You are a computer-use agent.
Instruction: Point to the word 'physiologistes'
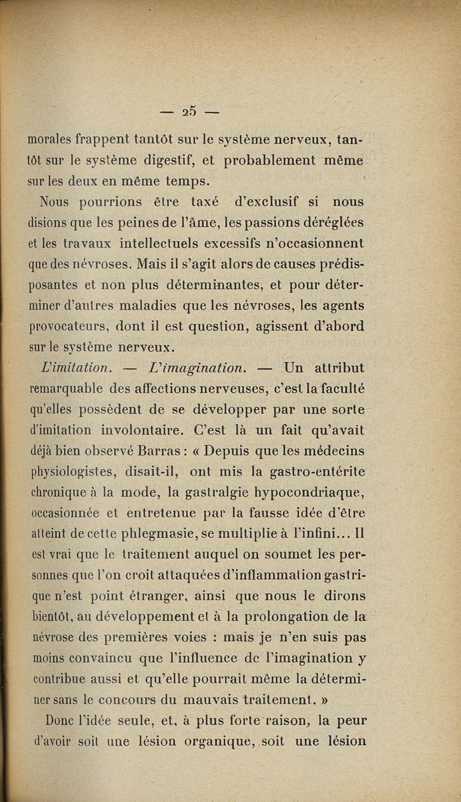pos(76,473)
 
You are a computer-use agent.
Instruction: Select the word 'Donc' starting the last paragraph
pos(56,721)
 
